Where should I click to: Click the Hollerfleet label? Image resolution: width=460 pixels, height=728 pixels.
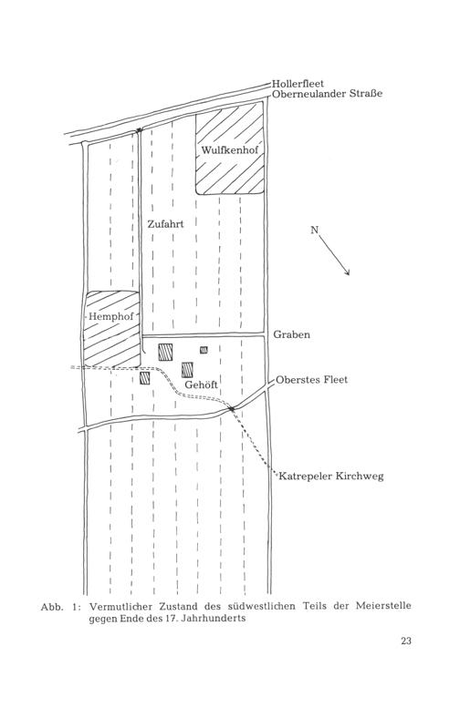coord(298,84)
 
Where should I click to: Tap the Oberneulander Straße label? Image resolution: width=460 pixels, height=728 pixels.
coord(327,94)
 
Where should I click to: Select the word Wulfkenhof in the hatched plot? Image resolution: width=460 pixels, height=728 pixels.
coord(229,150)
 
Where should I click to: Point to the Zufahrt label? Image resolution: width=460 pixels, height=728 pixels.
coord(165,224)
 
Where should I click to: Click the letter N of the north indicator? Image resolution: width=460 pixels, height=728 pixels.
coord(315,230)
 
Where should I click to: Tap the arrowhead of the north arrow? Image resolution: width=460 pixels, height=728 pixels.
coord(346,272)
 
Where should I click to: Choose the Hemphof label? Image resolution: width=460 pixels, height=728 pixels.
coord(111,317)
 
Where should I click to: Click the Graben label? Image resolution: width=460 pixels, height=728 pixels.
coord(292,334)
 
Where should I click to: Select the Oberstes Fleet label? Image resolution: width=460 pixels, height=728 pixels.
coord(311,379)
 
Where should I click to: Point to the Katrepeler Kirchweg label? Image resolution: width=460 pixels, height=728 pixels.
coord(331,477)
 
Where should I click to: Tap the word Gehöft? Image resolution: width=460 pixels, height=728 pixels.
coord(202,385)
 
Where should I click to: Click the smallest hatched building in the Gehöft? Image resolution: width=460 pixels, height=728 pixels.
coord(204,350)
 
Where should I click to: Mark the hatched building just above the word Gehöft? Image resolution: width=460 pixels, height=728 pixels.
coord(187,370)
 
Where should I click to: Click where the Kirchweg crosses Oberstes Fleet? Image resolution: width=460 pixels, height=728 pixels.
coord(231,408)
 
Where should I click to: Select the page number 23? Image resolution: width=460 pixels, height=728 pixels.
coord(406,641)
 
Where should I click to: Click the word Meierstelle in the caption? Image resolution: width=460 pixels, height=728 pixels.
coord(383,606)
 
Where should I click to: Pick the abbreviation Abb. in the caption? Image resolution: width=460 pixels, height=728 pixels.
coord(52,607)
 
